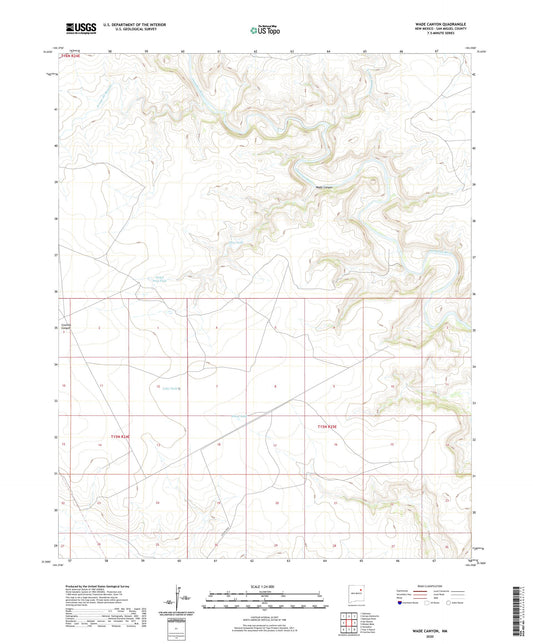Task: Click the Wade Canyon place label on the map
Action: point(325,187)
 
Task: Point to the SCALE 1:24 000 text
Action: point(266,586)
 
